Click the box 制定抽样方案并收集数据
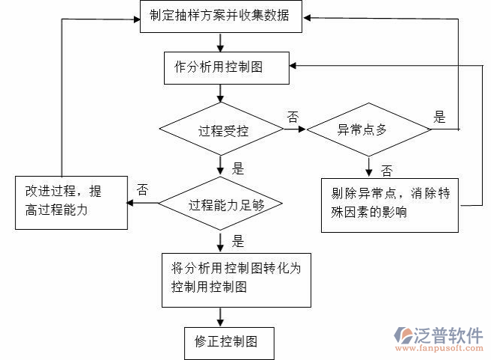[x=221, y=16]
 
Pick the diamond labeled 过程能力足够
[x=221, y=204]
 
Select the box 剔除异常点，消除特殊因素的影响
[x=389, y=204]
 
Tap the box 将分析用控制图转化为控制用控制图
[x=236, y=278]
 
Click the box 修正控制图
[x=229, y=342]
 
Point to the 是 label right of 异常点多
[x=439, y=116]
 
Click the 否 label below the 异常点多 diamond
[x=386, y=170]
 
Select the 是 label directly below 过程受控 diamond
[x=238, y=168]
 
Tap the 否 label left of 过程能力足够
[x=142, y=189]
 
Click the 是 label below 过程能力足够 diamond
[x=238, y=241]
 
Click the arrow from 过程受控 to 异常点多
[x=295, y=129]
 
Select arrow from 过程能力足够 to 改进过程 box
[x=142, y=203]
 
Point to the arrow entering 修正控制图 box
[x=219, y=317]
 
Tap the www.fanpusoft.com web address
[x=442, y=350]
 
